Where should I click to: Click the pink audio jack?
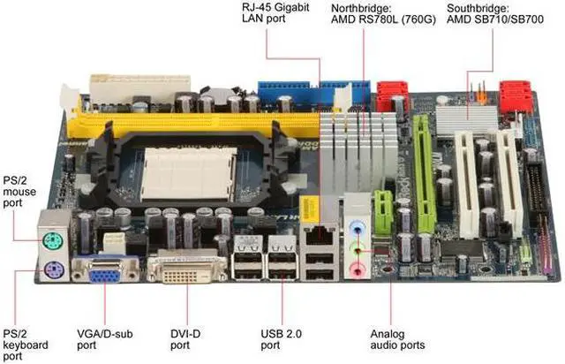pyautogui.click(x=357, y=263)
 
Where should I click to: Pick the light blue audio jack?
pyautogui.click(x=357, y=225)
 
